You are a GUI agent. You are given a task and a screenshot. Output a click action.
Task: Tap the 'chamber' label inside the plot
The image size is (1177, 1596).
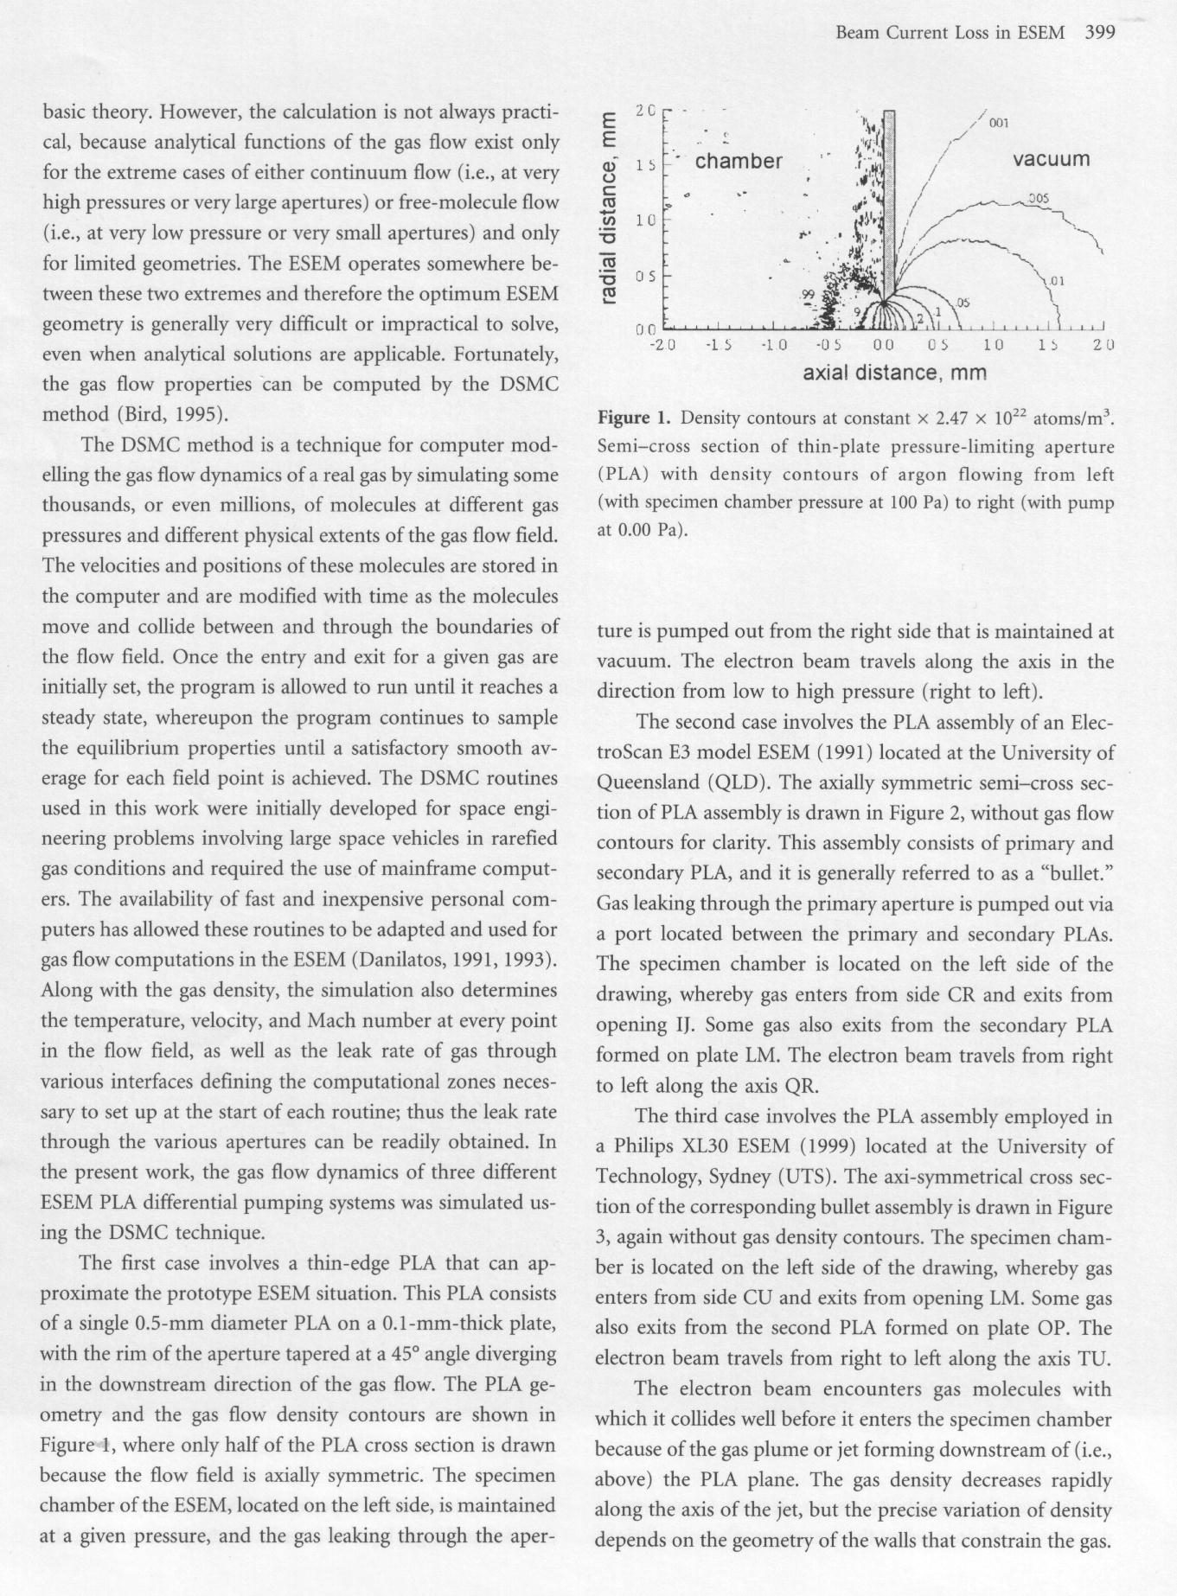point(739,162)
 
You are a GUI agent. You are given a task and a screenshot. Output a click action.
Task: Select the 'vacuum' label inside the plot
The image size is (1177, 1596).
point(1051,159)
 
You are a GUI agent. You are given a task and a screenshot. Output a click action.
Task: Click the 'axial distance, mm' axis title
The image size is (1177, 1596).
point(894,373)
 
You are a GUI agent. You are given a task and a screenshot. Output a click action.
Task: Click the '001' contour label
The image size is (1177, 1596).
point(999,123)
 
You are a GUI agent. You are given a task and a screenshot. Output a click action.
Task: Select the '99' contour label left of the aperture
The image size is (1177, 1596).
point(809,295)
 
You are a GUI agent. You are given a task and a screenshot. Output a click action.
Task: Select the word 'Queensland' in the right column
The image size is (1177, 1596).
point(649,782)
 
